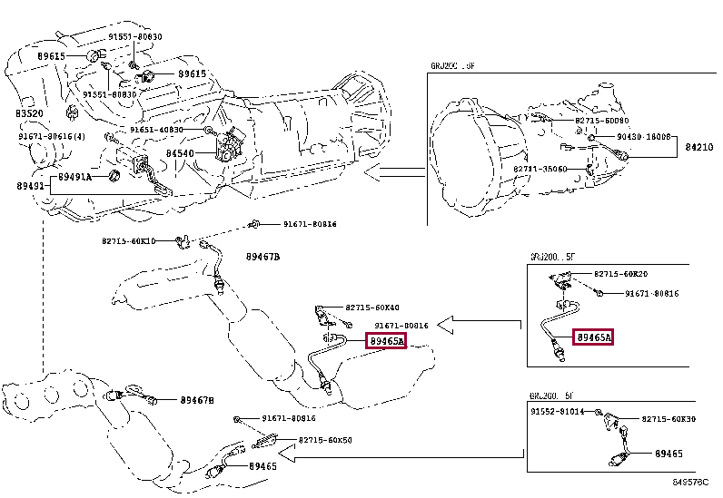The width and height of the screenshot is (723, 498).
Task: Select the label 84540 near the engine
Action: pos(180,154)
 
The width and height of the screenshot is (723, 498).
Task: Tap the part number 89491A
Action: pos(75,177)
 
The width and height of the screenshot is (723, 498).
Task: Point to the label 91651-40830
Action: pos(155,130)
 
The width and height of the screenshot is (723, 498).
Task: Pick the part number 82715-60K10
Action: pos(128,241)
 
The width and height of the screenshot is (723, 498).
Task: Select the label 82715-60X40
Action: pos(371,308)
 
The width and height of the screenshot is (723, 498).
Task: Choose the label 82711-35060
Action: pos(540,169)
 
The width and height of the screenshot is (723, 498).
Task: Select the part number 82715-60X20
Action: pos(620,273)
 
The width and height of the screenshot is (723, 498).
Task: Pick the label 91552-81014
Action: pos(560,412)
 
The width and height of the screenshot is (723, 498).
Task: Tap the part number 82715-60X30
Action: pos(669,419)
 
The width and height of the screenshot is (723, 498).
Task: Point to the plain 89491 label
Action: pos(29,186)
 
